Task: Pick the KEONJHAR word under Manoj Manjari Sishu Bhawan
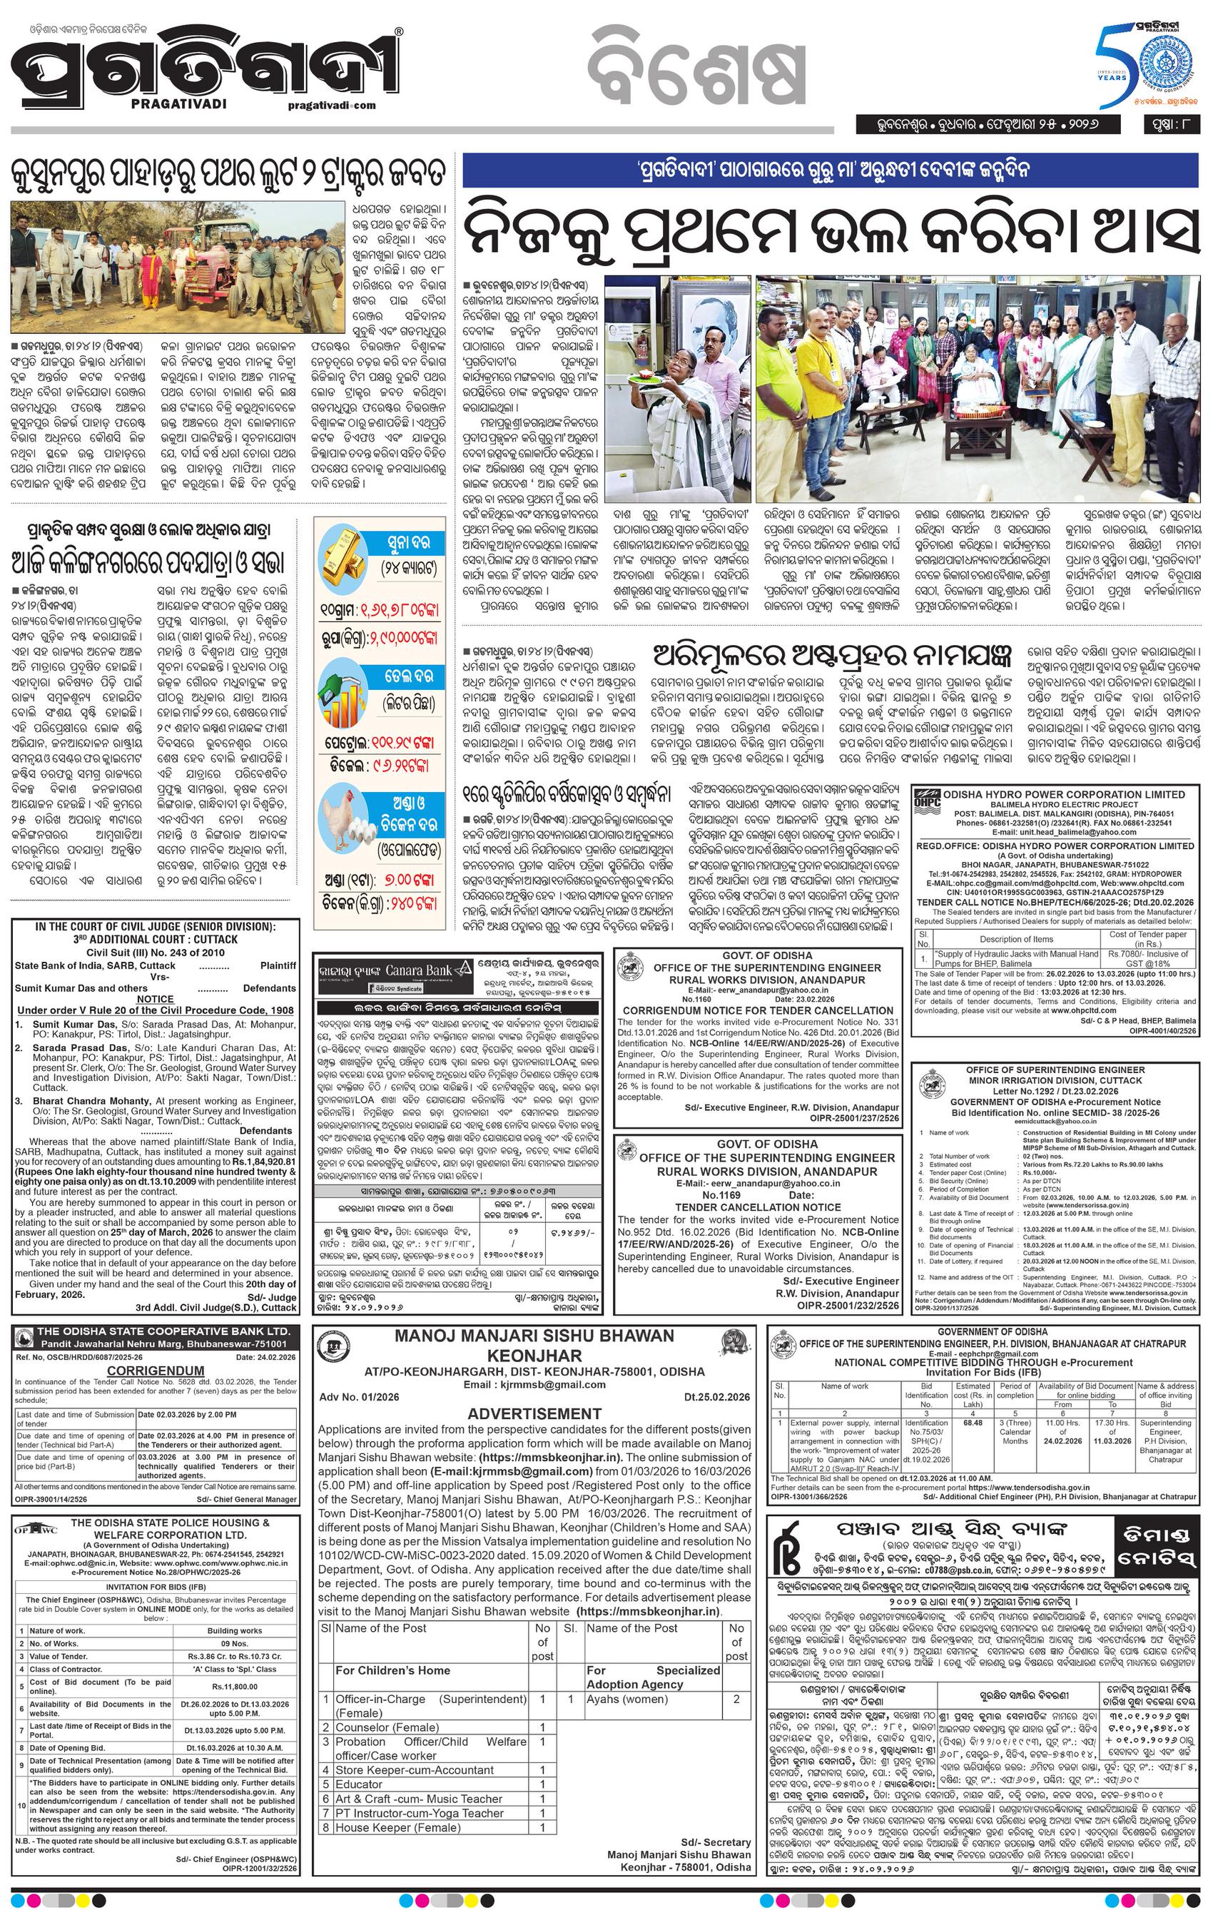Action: click(534, 1355)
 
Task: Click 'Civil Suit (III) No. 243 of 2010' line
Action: click(156, 952)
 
